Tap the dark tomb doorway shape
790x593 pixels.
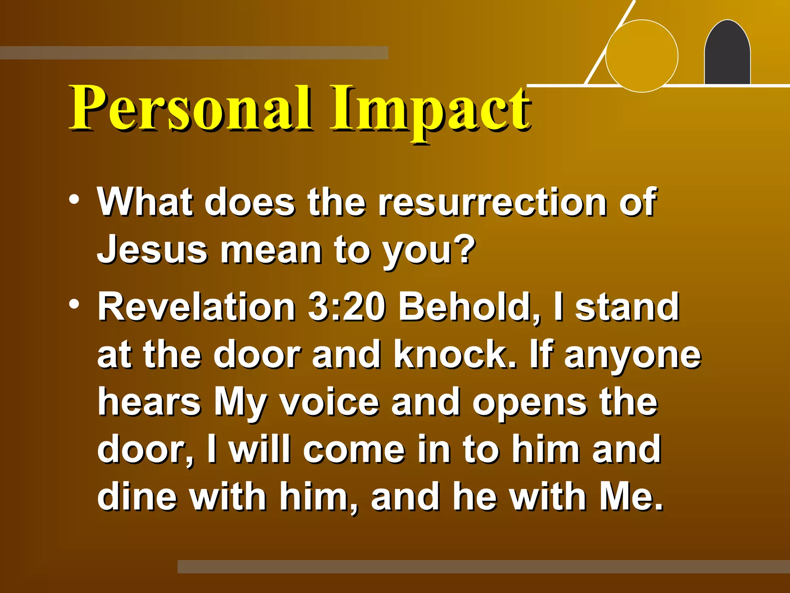coord(727,54)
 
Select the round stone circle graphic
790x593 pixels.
coord(641,56)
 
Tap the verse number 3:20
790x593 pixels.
coord(346,307)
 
